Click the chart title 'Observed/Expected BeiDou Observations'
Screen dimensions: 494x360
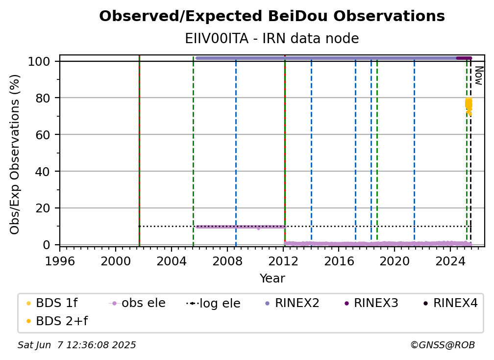272,16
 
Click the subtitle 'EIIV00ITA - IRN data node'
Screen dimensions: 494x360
272,39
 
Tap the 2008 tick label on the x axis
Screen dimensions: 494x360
227,261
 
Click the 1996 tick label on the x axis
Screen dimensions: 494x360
60,261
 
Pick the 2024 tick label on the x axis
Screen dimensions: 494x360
450,261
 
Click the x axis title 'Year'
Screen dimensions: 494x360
272,279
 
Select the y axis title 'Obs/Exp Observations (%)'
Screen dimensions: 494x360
15,154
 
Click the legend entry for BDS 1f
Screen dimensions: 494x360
52,303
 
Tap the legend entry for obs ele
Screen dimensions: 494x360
137,303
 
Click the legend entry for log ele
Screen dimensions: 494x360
213,303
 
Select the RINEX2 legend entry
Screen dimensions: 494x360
293,303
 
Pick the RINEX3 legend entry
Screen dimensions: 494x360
371,303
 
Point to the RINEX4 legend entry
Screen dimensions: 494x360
451,303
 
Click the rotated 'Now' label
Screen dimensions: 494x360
478,76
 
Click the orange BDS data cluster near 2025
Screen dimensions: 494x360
469,106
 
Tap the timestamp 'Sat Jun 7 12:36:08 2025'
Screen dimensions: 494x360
76,345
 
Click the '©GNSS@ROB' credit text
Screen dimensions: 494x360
443,345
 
